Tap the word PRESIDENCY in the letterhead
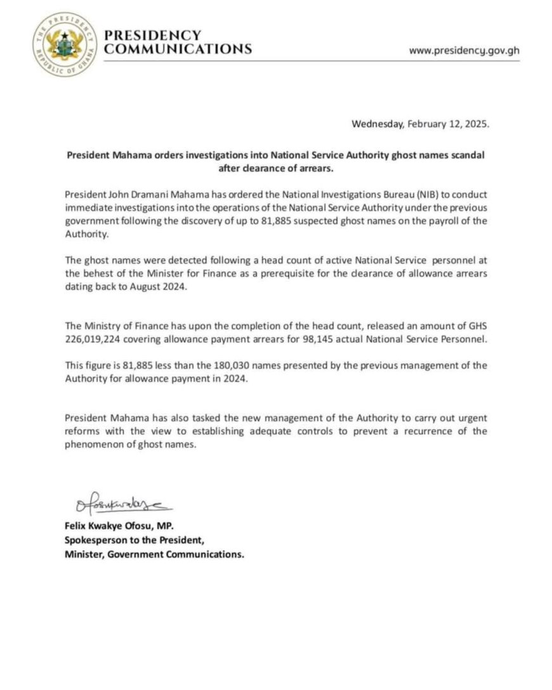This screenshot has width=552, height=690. pyautogui.click(x=152, y=36)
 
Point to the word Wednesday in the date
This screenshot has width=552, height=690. pyautogui.click(x=376, y=124)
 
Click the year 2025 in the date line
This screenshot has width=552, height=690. pyautogui.click(x=476, y=124)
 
